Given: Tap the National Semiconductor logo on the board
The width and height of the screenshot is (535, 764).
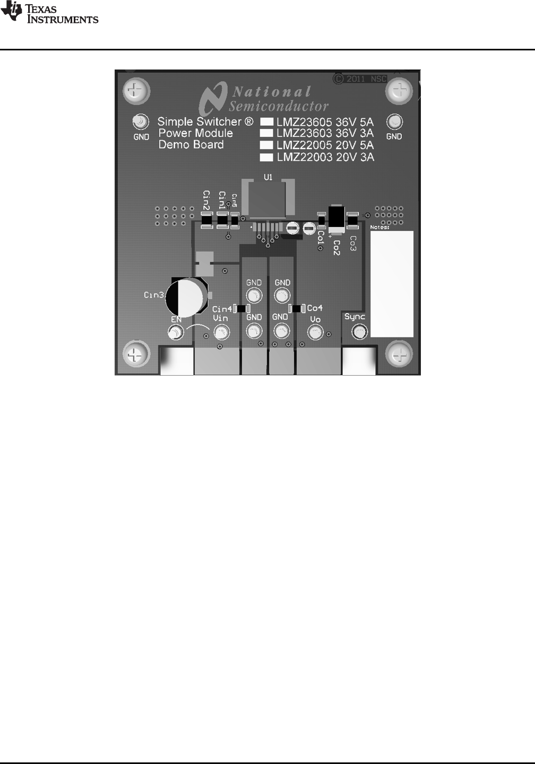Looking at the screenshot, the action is coord(264,98).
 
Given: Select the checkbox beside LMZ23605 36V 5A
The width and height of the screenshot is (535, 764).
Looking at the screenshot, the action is coord(266,121).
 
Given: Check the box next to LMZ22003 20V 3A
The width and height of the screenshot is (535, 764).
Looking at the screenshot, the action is coord(266,157).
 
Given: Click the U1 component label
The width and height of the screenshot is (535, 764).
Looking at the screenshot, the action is coord(268,178).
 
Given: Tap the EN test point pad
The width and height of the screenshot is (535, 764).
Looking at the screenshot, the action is coord(175,333).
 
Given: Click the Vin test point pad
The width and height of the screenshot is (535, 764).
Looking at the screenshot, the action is coord(221,333).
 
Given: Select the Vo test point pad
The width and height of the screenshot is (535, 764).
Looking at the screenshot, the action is coord(315,333).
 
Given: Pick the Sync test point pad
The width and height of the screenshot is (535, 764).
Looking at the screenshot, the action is coord(360,333).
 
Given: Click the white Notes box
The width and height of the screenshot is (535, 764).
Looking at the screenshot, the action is coord(391,284).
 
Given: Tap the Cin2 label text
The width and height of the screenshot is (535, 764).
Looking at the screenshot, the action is coord(206,201).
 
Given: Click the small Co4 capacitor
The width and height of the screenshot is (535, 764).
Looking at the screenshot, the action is coord(296,308).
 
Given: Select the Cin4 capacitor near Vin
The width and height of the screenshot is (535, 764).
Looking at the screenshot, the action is coord(241,309).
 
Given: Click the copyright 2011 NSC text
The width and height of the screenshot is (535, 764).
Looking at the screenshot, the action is coord(361,79).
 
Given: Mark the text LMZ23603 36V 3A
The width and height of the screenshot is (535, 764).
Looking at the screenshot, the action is coord(325,133).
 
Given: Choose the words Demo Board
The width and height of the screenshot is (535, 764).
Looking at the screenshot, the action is coord(191,145).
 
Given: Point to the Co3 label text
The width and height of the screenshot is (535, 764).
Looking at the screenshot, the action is coord(353,242).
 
